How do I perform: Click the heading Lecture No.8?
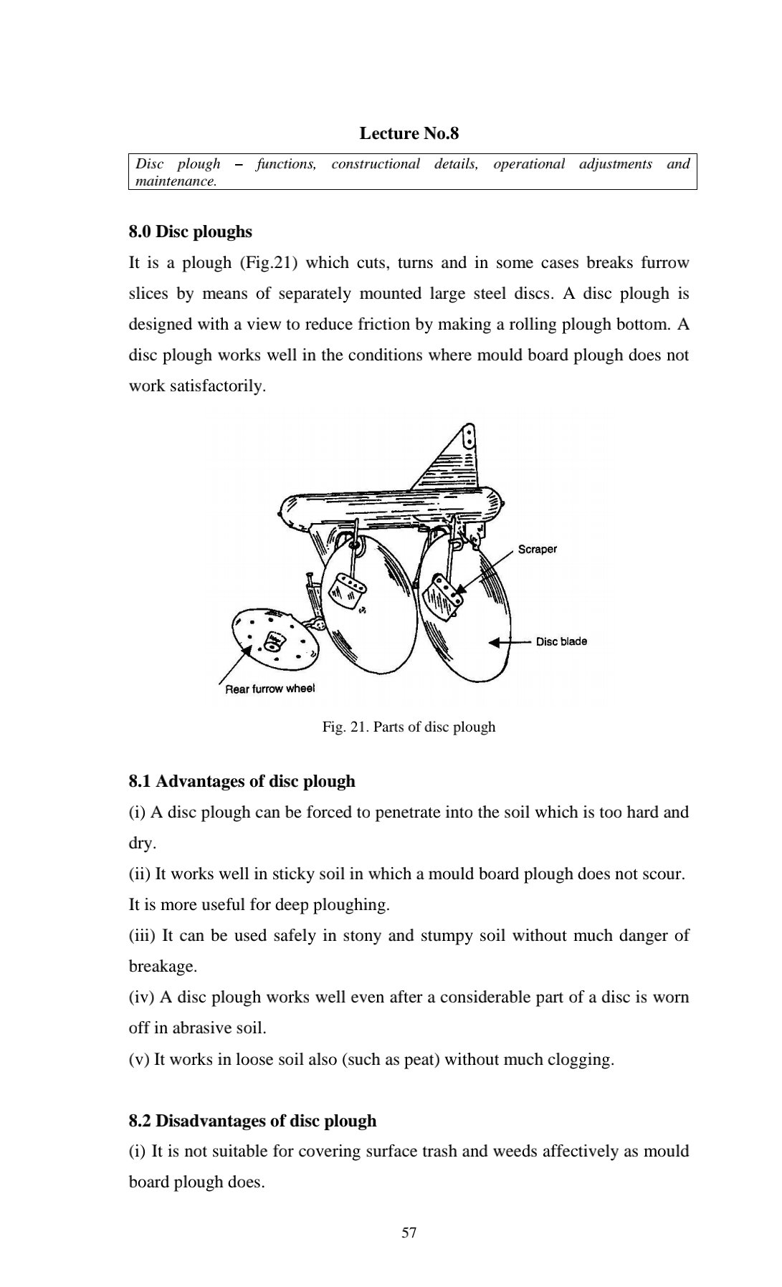coord(409,133)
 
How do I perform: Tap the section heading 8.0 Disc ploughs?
coord(190,231)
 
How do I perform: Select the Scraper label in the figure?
coord(537,549)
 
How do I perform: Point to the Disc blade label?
coord(561,641)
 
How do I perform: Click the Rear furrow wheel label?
coord(270,689)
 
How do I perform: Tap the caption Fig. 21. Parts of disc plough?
coord(409,727)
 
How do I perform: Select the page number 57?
coord(409,1233)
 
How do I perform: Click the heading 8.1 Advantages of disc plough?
coord(242,781)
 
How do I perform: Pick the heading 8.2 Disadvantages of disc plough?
coord(252,1121)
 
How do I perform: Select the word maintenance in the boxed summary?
coord(175,181)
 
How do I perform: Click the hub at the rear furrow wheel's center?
coord(275,641)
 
